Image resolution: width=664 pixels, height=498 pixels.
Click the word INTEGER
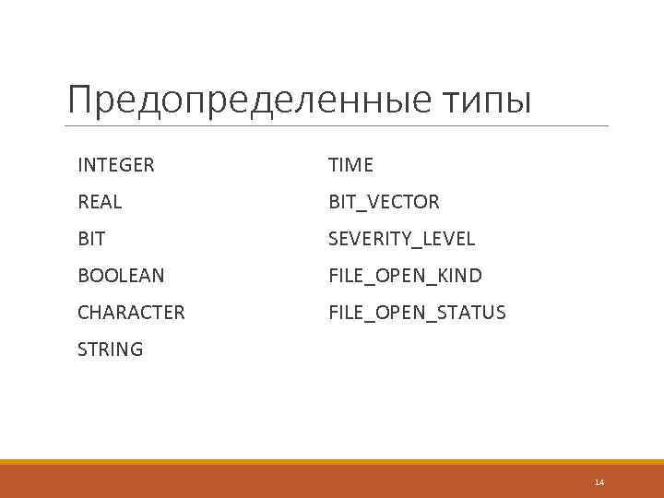116,165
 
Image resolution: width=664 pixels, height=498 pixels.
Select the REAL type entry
100,202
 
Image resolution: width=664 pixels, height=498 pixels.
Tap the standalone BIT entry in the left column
91,239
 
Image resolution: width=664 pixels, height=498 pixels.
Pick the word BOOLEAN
121,276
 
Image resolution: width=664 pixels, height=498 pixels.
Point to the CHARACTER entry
131,313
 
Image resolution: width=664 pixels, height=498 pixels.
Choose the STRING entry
110,350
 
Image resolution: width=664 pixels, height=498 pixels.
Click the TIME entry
351,165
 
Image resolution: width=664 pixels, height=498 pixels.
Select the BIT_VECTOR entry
384,202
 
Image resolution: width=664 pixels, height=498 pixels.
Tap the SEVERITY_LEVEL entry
402,239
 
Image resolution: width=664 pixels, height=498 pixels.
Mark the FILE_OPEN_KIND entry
405,276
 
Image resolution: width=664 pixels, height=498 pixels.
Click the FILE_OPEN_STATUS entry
417,313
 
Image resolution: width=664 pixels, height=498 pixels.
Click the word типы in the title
486,102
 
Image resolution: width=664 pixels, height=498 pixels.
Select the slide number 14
599,482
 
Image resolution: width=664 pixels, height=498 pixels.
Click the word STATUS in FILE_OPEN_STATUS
472,313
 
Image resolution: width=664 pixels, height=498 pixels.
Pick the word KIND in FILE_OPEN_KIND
459,276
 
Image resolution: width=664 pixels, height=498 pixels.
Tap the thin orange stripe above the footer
332,462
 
